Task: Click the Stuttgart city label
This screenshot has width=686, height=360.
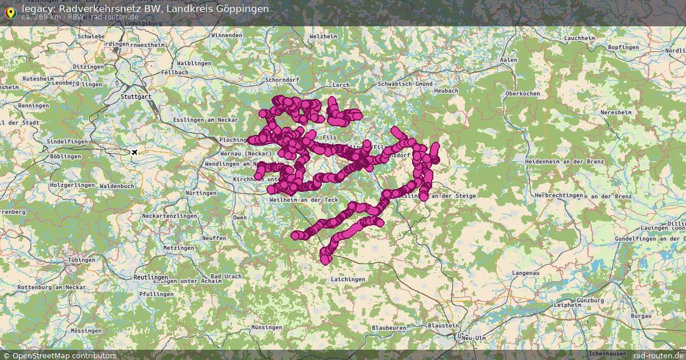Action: point(135,97)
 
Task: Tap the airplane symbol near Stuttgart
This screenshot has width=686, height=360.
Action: point(134,152)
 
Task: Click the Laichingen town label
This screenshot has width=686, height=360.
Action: point(348,279)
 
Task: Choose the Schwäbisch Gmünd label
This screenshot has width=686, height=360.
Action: point(405,84)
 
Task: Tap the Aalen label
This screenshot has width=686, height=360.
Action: point(508,60)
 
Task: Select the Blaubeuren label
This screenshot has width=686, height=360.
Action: point(388,328)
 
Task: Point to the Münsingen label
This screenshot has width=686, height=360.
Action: point(266,327)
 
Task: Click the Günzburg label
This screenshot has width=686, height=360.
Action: point(591,301)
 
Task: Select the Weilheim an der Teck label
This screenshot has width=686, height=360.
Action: point(304,199)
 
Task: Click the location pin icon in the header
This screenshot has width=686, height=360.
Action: point(9,11)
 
